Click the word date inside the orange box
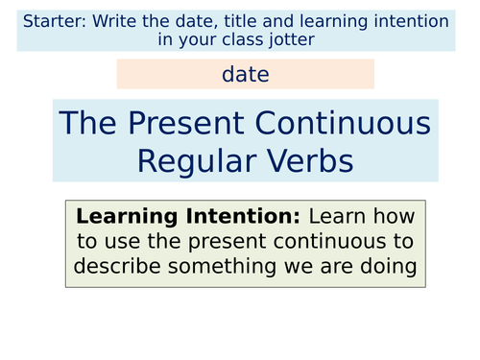point(245,74)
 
